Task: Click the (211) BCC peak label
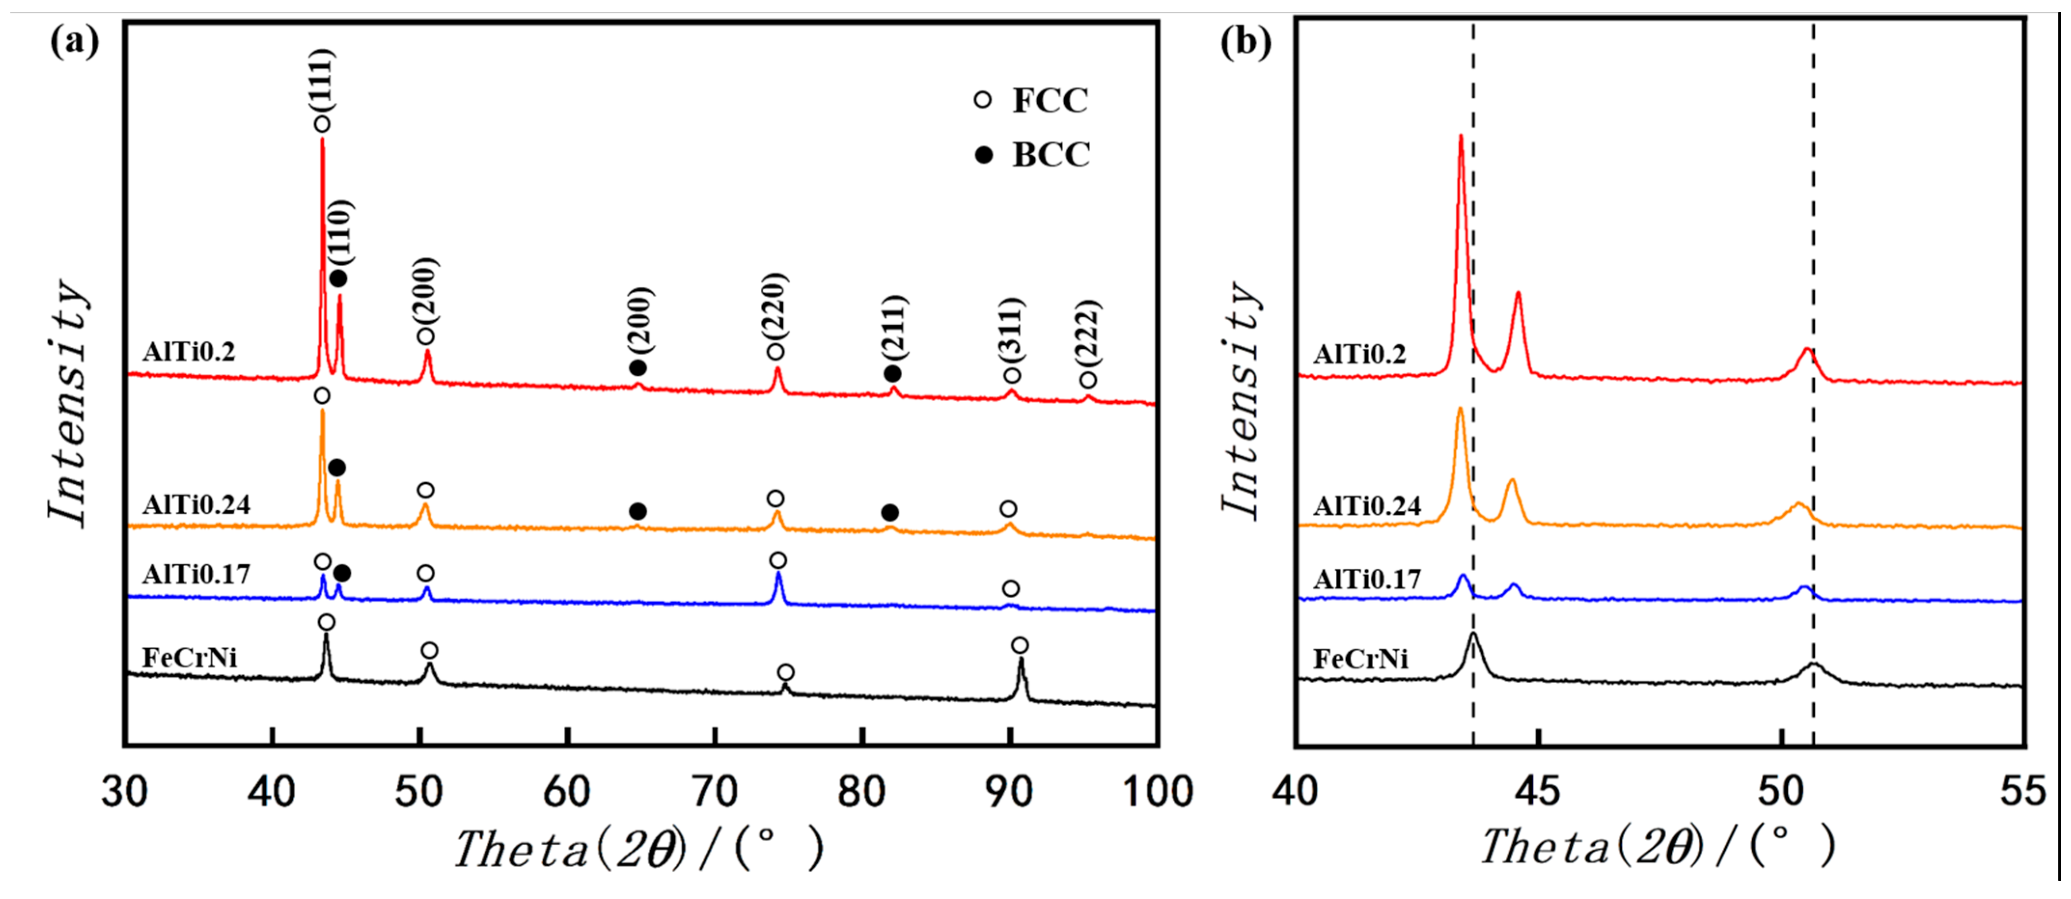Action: pyautogui.click(x=893, y=326)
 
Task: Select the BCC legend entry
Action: pyautogui.click(x=1033, y=154)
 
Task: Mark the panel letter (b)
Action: pyautogui.click(x=1245, y=40)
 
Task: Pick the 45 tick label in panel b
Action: pyautogui.click(x=1537, y=792)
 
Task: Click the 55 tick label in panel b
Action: pyautogui.click(x=2023, y=792)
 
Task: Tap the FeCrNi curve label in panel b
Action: pyautogui.click(x=1360, y=659)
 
